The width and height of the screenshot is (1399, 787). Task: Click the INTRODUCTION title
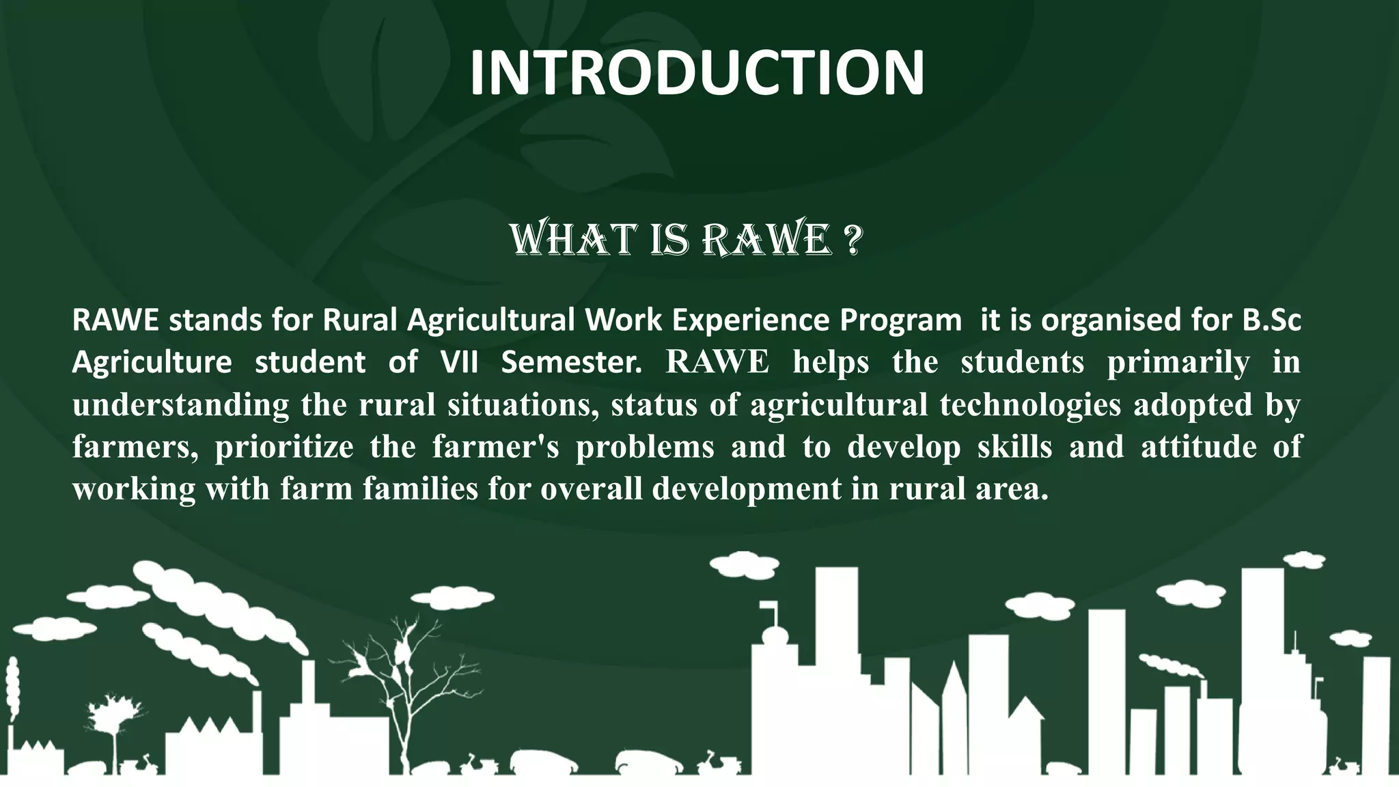[x=697, y=72]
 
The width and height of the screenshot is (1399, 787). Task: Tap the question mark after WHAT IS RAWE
[x=852, y=240]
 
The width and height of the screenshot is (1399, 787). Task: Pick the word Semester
[x=572, y=361]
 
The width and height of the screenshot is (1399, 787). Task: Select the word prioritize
[x=284, y=447]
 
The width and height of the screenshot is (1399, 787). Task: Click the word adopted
[x=1193, y=404]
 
